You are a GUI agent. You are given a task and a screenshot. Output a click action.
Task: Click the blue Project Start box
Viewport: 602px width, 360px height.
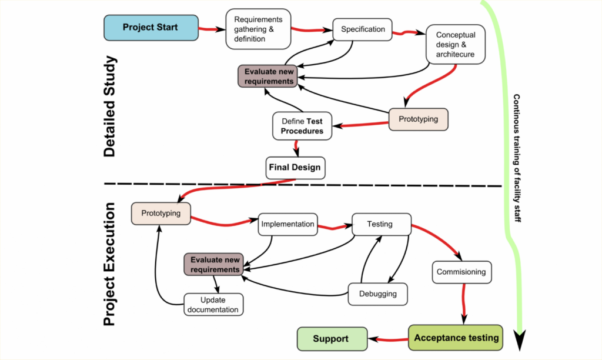coord(150,28)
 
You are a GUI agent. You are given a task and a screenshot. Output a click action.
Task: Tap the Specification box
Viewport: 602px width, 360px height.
coord(363,29)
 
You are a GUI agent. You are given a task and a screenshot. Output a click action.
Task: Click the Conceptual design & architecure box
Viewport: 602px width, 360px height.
coord(455,45)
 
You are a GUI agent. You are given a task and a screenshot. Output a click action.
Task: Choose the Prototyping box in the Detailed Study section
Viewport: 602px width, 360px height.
coord(418,119)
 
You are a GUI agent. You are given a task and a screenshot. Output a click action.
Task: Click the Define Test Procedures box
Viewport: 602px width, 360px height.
coord(302,126)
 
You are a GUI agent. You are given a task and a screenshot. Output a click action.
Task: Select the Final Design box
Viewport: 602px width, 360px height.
coord(295,167)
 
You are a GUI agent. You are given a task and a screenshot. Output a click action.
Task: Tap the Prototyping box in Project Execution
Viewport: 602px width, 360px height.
coord(161,213)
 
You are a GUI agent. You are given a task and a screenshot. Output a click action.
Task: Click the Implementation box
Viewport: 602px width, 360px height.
coord(287,224)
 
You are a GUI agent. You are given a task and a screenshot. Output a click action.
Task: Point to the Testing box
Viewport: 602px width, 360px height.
coord(380,224)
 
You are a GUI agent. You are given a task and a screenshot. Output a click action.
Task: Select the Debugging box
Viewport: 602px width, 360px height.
coord(377,294)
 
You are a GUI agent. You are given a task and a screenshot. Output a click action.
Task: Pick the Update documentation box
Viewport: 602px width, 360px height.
coord(213,305)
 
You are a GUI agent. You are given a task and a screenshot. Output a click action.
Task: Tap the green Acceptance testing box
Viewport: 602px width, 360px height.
coord(456,338)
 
